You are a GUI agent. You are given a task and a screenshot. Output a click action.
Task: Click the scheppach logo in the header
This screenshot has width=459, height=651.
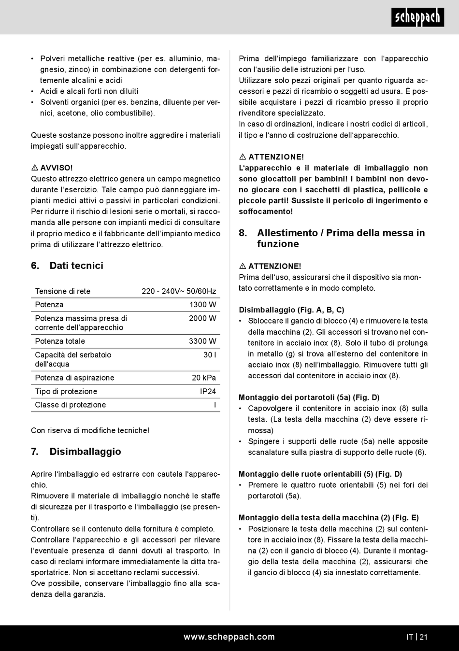pos(417,18)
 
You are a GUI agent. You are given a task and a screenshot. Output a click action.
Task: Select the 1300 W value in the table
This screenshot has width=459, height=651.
pos(202,305)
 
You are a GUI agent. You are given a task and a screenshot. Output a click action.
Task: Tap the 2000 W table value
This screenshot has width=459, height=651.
pos(202,318)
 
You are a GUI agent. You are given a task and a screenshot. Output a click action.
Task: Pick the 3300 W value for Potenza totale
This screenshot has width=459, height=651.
pos(202,341)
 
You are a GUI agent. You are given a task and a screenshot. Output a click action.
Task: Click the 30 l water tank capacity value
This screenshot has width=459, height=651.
pos(210,355)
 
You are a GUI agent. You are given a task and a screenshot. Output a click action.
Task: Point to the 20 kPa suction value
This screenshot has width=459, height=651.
pos(204,378)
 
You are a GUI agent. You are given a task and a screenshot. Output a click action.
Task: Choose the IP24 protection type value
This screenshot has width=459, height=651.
pos(208,392)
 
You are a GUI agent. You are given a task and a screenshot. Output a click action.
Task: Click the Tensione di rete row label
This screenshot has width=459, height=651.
pos(63,291)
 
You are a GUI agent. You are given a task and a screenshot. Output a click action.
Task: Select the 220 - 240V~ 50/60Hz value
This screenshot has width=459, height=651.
pos(179,291)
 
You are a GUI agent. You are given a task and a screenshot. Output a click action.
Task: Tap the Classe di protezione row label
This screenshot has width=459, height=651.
pos(71,405)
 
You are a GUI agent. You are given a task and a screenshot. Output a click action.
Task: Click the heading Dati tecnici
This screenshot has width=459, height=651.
pos(76,266)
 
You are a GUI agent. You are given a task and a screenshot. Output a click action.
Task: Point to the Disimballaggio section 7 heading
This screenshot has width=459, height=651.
pos(85,452)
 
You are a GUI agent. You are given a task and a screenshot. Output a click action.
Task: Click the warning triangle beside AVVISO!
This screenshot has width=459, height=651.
pos(35,168)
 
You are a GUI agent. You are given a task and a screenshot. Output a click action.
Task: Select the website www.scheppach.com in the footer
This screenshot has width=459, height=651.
pos(229,637)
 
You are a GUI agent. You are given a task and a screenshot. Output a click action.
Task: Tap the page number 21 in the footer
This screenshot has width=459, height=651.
pos(423,637)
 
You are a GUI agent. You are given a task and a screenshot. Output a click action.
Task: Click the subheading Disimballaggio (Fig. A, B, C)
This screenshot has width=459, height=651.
pos(291,310)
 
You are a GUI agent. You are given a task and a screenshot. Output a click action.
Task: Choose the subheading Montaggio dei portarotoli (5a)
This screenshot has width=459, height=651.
pos(309,397)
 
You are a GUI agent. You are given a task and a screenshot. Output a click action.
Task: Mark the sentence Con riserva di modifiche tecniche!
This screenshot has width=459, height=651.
pos(90,430)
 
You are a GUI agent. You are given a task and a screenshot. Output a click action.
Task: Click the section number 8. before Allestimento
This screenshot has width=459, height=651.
pos(243,233)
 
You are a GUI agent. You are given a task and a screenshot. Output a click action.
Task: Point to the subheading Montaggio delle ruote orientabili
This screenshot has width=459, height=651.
pos(320,474)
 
